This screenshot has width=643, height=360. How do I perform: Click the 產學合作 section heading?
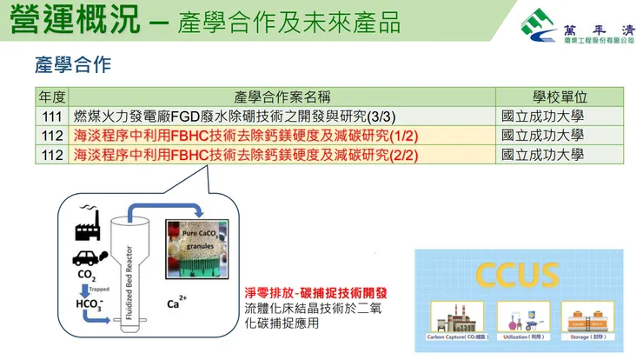pyautogui.click(x=73, y=64)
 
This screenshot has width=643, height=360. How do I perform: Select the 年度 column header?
pyautogui.click(x=53, y=97)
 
